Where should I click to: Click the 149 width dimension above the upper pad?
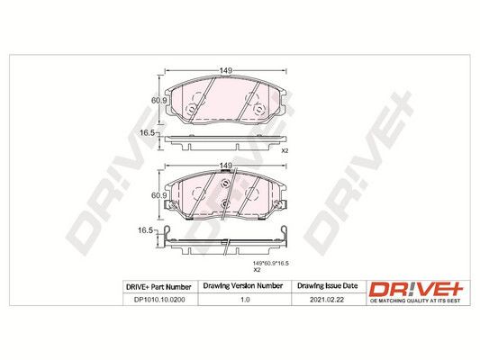pyautogui.click(x=225, y=70)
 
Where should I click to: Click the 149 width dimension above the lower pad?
pyautogui.click(x=225, y=166)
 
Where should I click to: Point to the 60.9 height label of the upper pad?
pyautogui.click(x=158, y=100)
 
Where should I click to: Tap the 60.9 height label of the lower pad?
pyautogui.click(x=158, y=195)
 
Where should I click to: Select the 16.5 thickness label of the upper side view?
pyautogui.click(x=146, y=133)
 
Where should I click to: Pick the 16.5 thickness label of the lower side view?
pyautogui.click(x=145, y=230)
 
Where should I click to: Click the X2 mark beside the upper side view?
pyautogui.click(x=285, y=151)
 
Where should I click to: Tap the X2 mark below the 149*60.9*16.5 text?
pyautogui.click(x=257, y=270)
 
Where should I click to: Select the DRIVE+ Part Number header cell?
pyautogui.click(x=158, y=287)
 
